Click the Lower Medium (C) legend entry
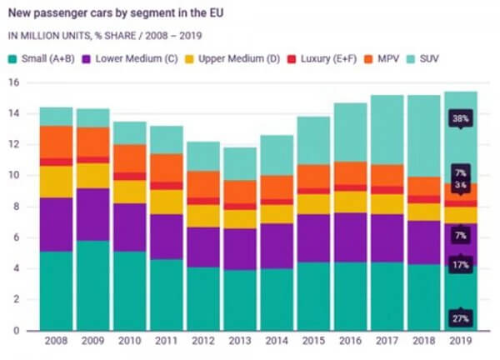tap(134, 59)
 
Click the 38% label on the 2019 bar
tap(458, 118)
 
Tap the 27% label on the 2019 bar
tap(458, 318)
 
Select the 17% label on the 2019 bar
tap(458, 265)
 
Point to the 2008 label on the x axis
tap(56, 342)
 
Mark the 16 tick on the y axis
tap(13, 82)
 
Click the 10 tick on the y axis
tap(13, 176)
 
